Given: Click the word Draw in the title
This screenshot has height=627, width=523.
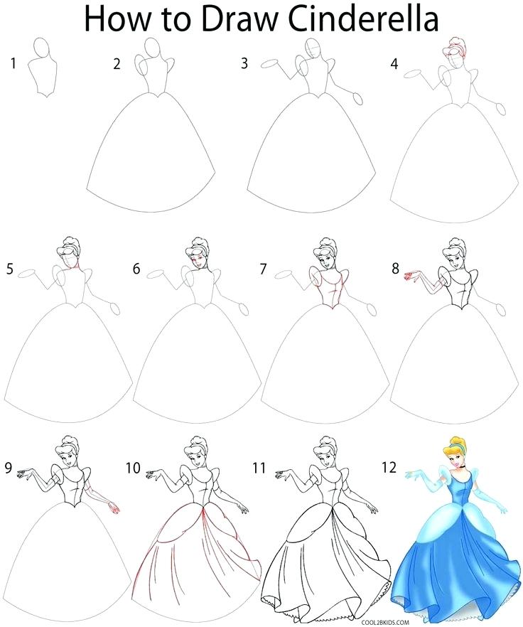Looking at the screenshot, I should click(228, 18).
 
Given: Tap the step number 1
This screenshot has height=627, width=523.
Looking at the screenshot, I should click(13, 65).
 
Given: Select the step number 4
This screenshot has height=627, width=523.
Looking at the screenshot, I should click(394, 65).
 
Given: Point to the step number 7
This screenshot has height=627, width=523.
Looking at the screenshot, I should click(264, 269).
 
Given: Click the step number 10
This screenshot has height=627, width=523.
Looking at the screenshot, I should click(132, 468).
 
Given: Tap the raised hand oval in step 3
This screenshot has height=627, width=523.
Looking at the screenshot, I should click(269, 64).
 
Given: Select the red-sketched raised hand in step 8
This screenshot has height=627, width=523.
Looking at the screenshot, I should click(411, 274).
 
